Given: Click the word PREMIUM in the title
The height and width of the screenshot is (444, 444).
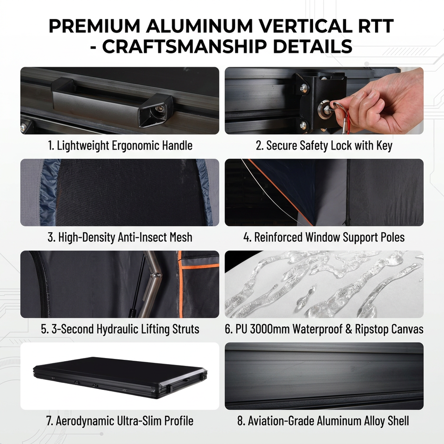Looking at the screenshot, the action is (94, 26).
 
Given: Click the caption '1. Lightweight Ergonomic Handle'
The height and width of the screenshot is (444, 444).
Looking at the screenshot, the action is (120, 146).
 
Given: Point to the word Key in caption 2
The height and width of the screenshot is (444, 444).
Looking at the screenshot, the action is (384, 146).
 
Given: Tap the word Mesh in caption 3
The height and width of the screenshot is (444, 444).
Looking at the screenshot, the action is (181, 237).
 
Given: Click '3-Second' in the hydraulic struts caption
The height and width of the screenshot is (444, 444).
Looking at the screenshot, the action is (73, 329).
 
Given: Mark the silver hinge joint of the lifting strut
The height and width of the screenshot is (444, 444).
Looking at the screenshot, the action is (157, 275).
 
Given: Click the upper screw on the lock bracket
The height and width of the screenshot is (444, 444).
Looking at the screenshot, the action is (304, 87).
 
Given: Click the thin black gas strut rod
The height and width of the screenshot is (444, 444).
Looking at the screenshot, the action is (139, 285).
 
